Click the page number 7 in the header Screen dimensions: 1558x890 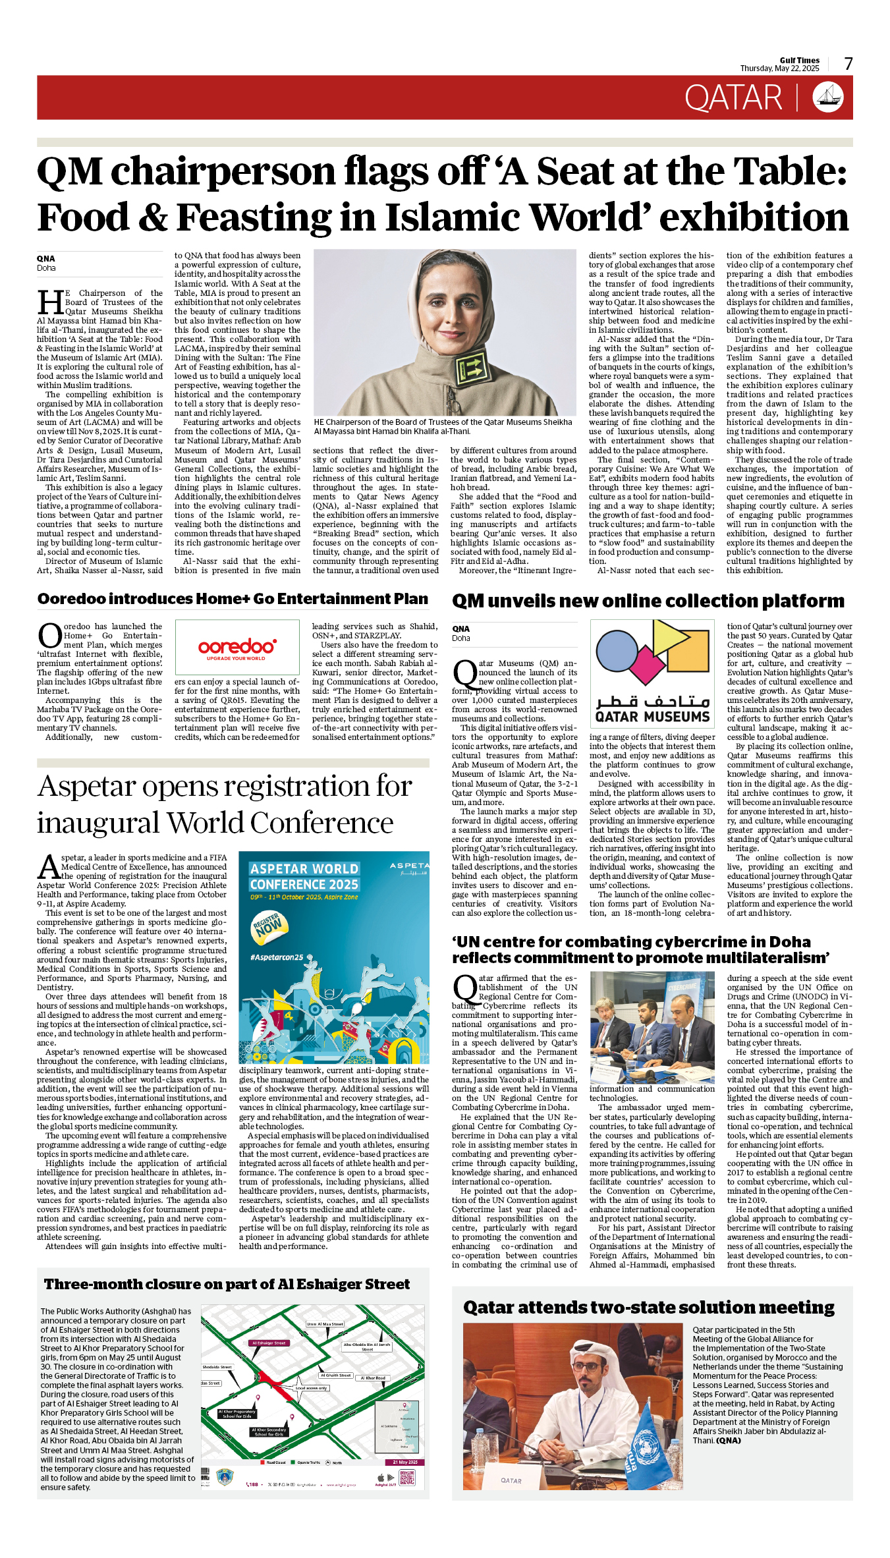pos(848,64)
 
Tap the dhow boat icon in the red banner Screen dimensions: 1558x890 pos(828,97)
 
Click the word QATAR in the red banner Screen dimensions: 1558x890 pos(733,98)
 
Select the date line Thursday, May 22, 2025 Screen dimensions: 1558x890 pos(779,69)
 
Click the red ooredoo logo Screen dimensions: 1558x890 pos(237,646)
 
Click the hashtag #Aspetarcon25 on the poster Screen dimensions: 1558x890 pos(277,957)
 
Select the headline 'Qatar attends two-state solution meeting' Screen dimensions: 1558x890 pos(649,1307)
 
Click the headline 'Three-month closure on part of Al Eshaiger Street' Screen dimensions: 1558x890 pos(227,1284)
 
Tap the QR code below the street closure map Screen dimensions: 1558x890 pos(407,1478)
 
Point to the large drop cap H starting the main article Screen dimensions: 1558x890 pos(50,302)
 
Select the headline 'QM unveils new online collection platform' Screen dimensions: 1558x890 pos(648,601)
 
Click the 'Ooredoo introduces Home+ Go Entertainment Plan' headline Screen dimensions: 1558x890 pos(233,599)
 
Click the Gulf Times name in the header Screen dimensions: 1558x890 pos(800,60)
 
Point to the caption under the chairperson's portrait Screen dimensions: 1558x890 pos(443,426)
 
